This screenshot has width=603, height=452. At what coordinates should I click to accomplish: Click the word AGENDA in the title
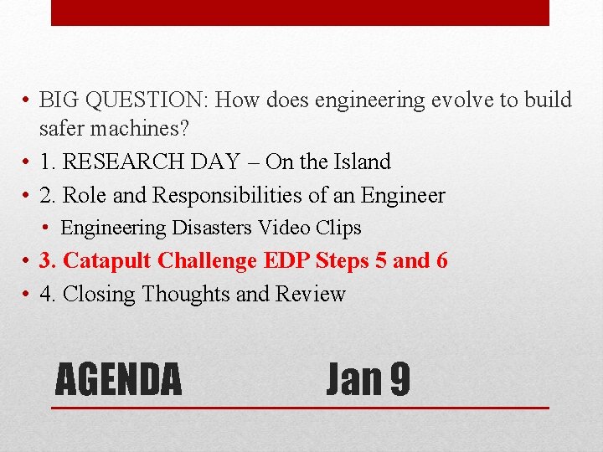(118, 378)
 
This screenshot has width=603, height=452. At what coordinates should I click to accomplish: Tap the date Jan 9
(368, 378)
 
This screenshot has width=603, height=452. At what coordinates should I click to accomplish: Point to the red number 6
(441, 260)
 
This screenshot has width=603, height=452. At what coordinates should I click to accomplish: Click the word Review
(315, 294)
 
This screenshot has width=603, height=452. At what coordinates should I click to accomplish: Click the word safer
(59, 130)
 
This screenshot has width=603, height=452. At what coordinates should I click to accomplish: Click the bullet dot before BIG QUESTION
(28, 101)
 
